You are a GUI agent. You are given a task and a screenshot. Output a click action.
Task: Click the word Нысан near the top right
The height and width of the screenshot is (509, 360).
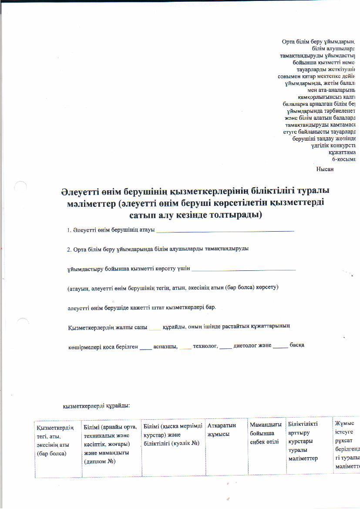[x=324, y=169]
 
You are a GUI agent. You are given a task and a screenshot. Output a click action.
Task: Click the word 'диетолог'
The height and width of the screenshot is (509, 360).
[x=246, y=345]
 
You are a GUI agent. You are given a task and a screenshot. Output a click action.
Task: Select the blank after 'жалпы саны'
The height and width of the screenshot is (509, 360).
[x=155, y=328]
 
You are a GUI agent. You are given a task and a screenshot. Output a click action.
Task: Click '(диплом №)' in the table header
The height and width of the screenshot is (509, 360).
[x=100, y=461]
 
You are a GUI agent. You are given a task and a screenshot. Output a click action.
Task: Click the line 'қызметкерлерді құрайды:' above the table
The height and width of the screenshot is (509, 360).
[x=96, y=406]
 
